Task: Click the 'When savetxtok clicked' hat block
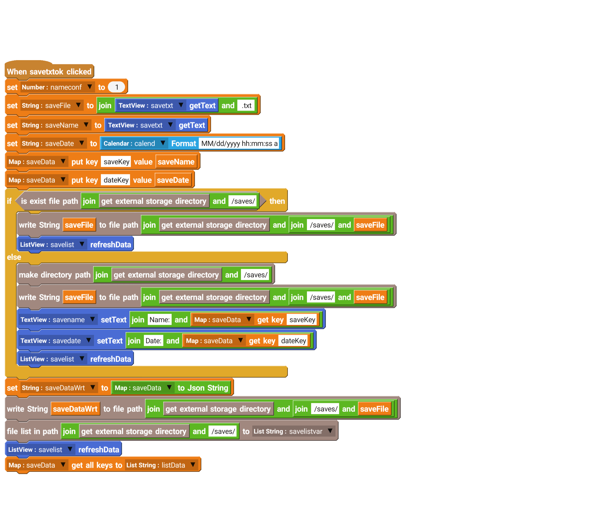pos(49,72)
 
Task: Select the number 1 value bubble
pos(116,87)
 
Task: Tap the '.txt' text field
pos(246,106)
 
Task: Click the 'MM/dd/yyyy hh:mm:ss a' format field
pos(239,144)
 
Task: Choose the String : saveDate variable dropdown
pos(53,144)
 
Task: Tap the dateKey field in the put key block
pos(116,180)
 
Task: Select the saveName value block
pos(176,162)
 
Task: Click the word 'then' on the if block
pos(277,201)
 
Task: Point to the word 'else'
pos(14,257)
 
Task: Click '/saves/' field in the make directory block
pos(255,275)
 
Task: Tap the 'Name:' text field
pos(159,320)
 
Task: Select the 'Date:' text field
pos(153,341)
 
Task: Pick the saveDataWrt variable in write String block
pos(75,409)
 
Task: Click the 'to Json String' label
pos(202,388)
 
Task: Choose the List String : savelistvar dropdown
pos(293,431)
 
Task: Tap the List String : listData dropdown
pos(161,465)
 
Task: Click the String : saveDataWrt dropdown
pos(58,388)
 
